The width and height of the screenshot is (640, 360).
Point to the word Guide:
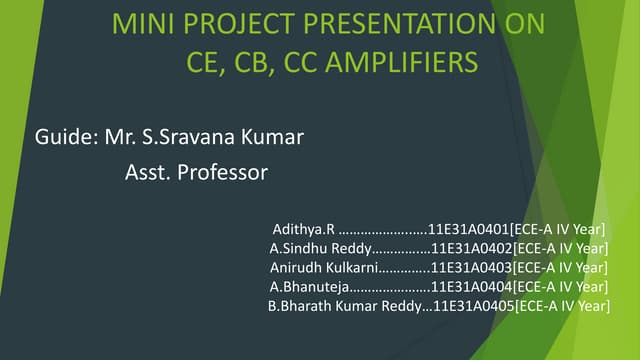pos(66,136)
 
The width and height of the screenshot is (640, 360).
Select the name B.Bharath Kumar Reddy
pos(345,305)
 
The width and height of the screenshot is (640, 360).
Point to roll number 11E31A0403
pos(471,267)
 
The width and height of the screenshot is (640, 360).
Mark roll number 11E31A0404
pos(471,286)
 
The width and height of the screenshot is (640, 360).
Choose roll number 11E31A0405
pos(473,305)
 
